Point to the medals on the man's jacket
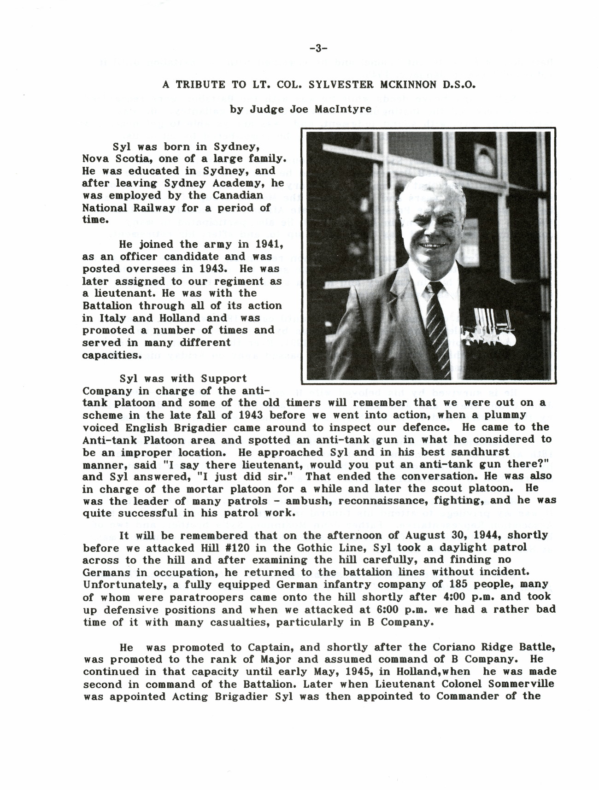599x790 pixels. click(495, 329)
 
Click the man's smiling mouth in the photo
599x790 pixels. click(433, 246)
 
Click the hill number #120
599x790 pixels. click(221, 548)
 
